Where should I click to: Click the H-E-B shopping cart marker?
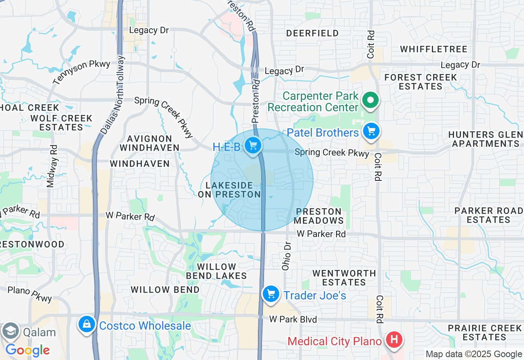pyautogui.click(x=253, y=145)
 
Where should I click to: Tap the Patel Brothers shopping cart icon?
pyautogui.click(x=371, y=132)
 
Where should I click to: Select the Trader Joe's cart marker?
pyautogui.click(x=271, y=294)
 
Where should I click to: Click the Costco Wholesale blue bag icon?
pyautogui.click(x=86, y=324)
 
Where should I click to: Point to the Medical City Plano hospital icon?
pyautogui.click(x=394, y=340)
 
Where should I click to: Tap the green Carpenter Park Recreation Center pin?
pyautogui.click(x=370, y=100)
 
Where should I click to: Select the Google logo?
pyautogui.click(x=27, y=350)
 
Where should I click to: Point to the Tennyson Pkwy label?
pyautogui.click(x=81, y=72)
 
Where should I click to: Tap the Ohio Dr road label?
pyautogui.click(x=287, y=255)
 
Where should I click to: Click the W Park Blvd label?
pyautogui.click(x=293, y=319)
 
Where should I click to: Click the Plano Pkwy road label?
pyautogui.click(x=30, y=294)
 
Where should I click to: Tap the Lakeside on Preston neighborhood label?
pyautogui.click(x=229, y=190)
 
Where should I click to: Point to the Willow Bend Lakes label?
pyautogui.click(x=216, y=271)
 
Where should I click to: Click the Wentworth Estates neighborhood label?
pyautogui.click(x=344, y=277)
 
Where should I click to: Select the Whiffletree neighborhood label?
pyautogui.click(x=434, y=49)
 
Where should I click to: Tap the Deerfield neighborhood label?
pyautogui.click(x=312, y=33)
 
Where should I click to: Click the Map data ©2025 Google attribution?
pyautogui.click(x=474, y=354)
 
